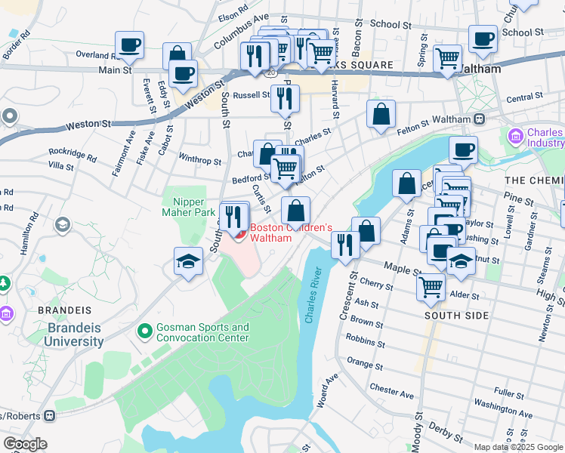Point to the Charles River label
[x=313, y=295]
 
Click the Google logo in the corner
[x=25, y=444]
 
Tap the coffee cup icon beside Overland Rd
[x=129, y=45]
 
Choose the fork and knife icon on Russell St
[x=285, y=98]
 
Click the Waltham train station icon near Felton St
[x=479, y=119]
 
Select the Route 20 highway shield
[x=270, y=72]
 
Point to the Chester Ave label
[x=392, y=390]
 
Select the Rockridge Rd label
[x=73, y=155]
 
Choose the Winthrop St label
[x=199, y=161]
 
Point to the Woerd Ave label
[x=326, y=390]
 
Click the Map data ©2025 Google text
[x=518, y=446]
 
